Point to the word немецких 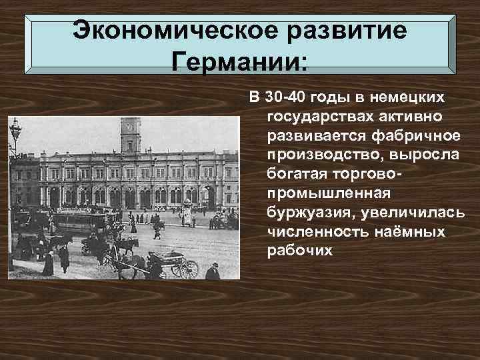407,99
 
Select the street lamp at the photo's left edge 15,140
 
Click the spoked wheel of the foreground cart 189,269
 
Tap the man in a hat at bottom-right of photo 213,271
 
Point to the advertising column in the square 187,213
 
